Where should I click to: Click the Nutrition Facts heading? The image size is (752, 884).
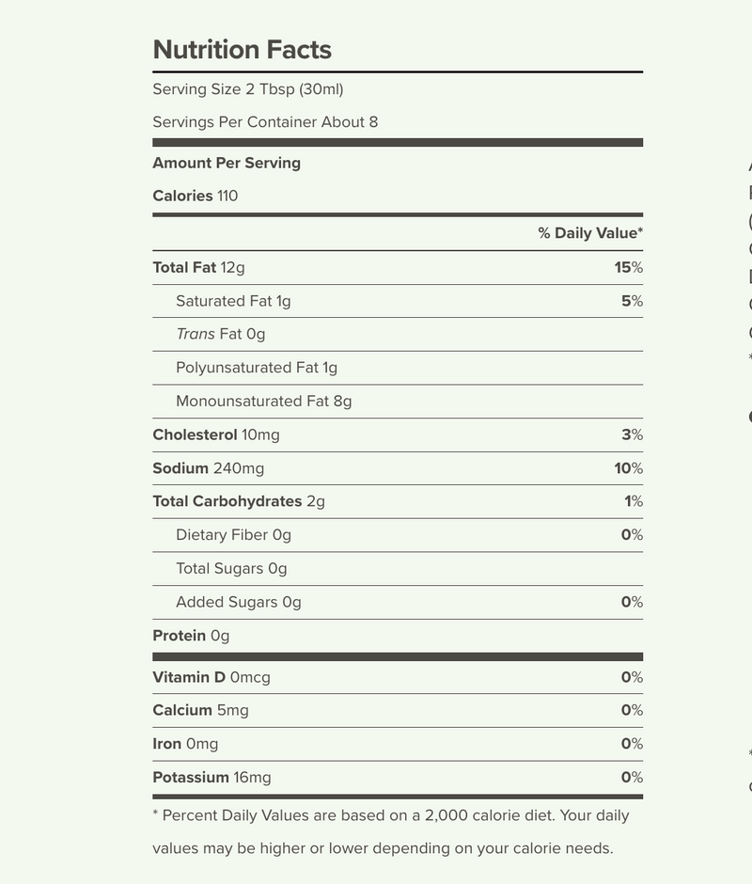point(242,50)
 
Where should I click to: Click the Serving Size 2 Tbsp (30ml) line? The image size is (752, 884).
point(248,89)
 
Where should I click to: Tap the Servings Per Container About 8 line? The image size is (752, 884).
point(265,122)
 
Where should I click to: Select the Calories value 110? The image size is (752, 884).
point(227,197)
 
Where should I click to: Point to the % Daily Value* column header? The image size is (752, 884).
point(590,233)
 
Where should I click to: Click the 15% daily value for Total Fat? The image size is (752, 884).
point(629,268)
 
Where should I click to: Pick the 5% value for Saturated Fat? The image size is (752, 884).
point(633,302)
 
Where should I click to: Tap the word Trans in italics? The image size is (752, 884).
point(195,335)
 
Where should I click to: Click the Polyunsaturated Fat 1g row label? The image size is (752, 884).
point(257,368)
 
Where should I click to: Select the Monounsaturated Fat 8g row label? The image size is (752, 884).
point(263,402)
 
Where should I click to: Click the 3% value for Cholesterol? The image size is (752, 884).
point(633,435)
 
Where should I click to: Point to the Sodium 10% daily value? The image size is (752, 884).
point(629,468)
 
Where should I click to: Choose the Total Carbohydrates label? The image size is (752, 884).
point(227,502)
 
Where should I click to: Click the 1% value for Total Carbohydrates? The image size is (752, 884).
point(634,502)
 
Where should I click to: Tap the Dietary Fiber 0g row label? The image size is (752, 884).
point(233,535)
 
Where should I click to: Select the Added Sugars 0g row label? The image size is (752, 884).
point(238,603)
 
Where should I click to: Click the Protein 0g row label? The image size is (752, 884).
point(191,636)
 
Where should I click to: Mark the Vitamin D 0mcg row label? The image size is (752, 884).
point(211,677)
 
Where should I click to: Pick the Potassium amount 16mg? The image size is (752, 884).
point(252,778)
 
